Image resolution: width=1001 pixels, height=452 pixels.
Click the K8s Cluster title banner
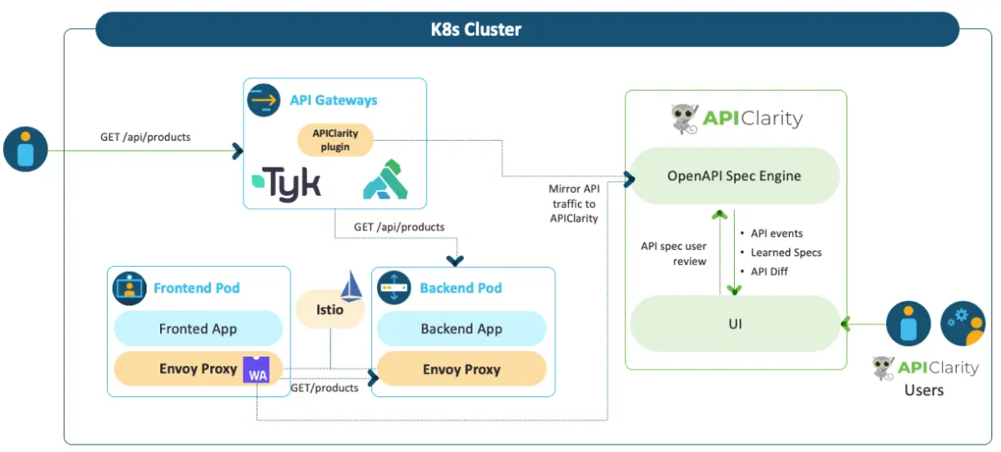tap(527, 29)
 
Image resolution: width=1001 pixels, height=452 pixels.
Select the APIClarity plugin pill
tap(335, 140)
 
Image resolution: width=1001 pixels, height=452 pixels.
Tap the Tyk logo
tap(286, 183)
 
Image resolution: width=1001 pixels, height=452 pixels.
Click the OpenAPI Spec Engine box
tap(734, 176)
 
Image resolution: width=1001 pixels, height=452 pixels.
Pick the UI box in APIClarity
tap(735, 324)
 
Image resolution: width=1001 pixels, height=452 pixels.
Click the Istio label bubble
tap(330, 309)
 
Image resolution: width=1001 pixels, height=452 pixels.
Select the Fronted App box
tap(198, 329)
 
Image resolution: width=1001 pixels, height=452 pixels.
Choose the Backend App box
tap(461, 329)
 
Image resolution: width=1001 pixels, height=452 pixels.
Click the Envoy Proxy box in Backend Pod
tap(461, 369)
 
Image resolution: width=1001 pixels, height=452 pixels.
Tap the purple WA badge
tap(257, 369)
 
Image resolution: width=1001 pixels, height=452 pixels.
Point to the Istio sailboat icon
tap(351, 285)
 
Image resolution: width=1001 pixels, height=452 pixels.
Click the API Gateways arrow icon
tap(264, 100)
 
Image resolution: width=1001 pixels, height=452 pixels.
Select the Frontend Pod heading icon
tap(129, 288)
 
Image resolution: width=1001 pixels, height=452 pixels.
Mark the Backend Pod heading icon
tap(394, 288)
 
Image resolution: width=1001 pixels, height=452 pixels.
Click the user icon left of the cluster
tap(26, 149)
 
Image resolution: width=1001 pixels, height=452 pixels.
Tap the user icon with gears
tap(963, 324)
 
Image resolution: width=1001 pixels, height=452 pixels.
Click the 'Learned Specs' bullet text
tap(786, 253)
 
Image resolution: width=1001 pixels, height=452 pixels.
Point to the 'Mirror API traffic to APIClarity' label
tap(574, 203)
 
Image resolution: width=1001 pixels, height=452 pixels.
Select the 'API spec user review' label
tap(674, 254)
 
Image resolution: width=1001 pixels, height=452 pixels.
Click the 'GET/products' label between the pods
tap(324, 388)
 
